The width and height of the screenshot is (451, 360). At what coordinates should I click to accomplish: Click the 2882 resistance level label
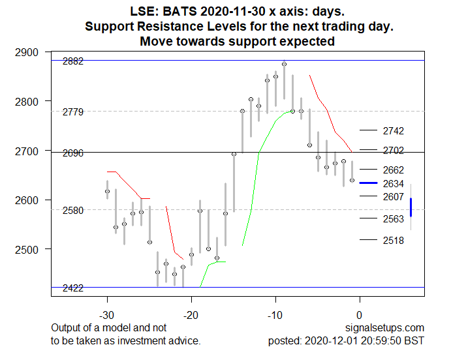[x=72, y=61]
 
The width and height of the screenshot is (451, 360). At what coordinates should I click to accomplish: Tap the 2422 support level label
[x=72, y=288]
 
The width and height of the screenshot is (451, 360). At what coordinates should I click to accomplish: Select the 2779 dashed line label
[x=72, y=113]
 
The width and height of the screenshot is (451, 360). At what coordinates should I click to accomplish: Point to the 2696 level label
[x=72, y=153]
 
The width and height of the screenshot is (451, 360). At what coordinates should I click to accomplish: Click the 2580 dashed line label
[x=72, y=211]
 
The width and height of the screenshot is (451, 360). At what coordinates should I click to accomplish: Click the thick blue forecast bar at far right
[x=411, y=207]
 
